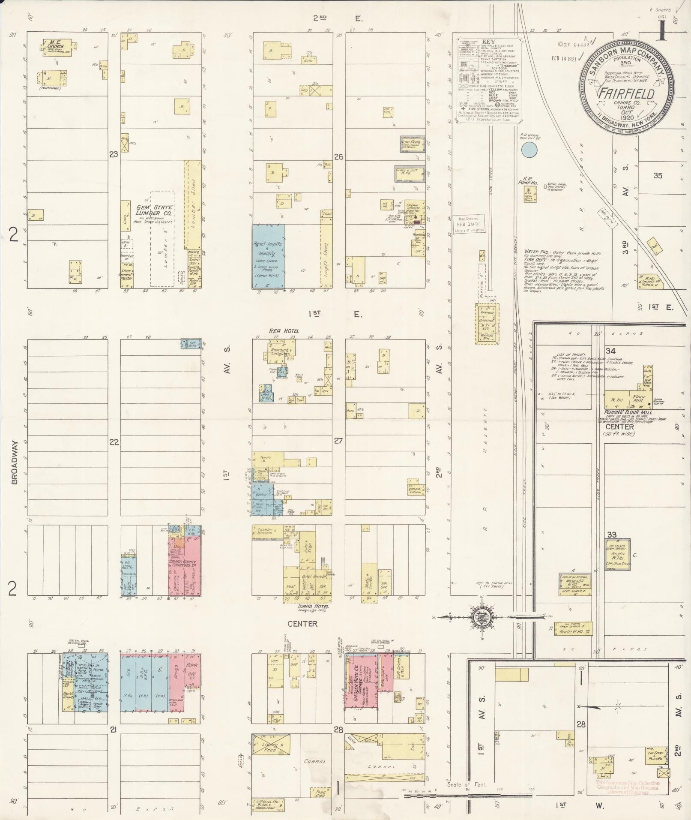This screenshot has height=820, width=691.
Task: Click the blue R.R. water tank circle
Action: coord(530,149)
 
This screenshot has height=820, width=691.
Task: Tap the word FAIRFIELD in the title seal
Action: coord(626,93)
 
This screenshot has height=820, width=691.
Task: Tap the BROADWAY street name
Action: coord(15,463)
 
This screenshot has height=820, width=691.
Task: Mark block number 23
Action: coord(113,155)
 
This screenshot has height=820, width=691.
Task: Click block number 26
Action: coord(338,157)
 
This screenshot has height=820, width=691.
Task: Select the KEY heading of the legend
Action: coord(488,42)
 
